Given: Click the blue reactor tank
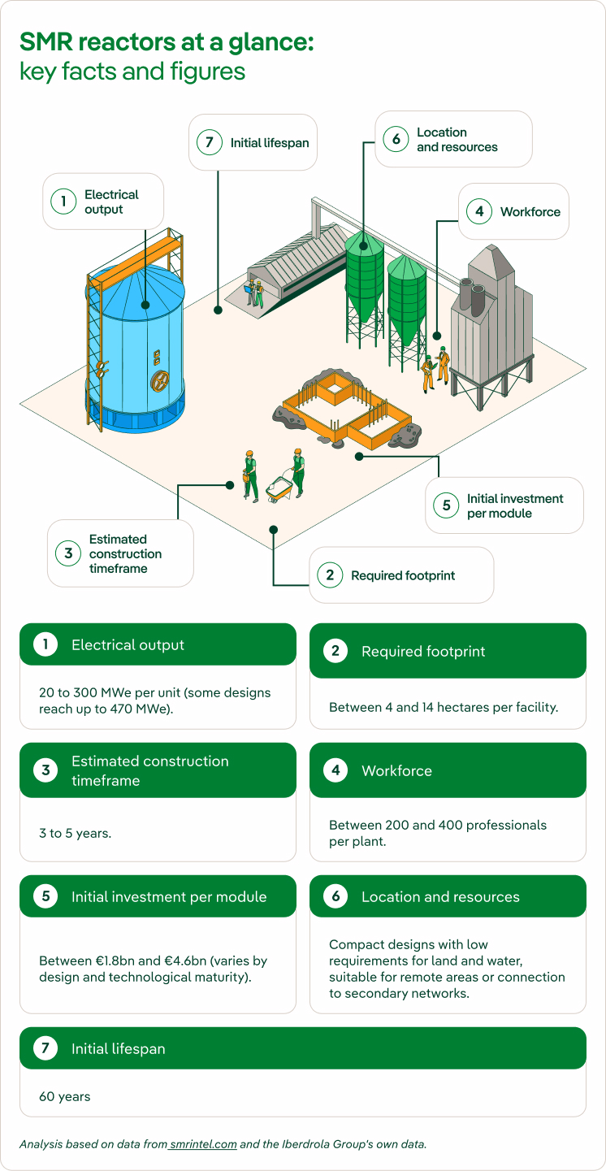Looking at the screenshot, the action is tap(135, 348).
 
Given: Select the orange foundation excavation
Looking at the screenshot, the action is tap(344, 409).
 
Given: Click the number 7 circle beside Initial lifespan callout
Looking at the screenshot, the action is tap(209, 142).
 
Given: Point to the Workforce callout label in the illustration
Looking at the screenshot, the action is tap(513, 211).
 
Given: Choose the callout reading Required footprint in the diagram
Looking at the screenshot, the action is tap(401, 575).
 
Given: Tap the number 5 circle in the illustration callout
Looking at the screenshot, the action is tap(446, 505).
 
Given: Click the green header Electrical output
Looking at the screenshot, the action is tap(158, 644).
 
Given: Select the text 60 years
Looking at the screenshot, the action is tap(65, 1096).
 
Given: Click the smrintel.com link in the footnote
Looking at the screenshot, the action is tap(203, 1144).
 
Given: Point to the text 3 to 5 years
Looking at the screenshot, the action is tap(76, 833).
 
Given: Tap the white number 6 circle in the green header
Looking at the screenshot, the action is tap(335, 896).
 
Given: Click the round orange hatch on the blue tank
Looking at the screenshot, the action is tap(160, 380).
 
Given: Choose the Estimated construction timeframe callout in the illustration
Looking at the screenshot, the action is tap(120, 553).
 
